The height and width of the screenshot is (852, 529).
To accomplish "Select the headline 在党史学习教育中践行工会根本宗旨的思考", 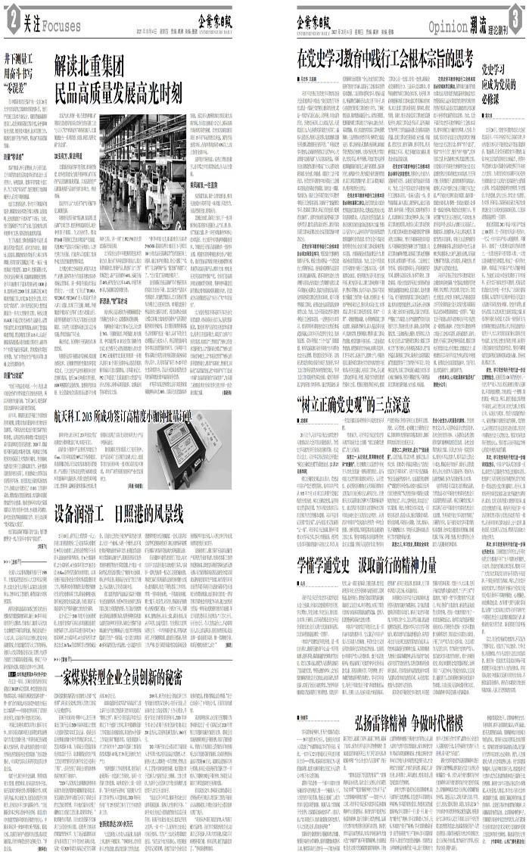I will (x=385, y=56).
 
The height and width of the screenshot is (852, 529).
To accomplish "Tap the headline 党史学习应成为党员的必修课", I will (x=500, y=82).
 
